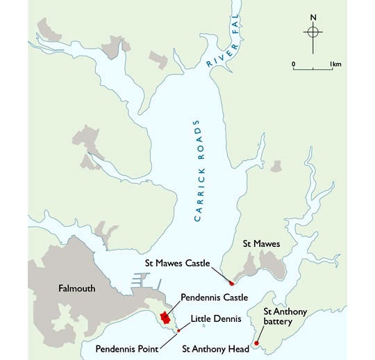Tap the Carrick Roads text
(200, 173)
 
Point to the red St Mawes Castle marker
(231, 283)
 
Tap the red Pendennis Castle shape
(165, 317)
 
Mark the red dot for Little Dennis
(179, 330)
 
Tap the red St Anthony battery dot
(256, 343)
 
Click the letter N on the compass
(313, 17)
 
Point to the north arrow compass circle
(313, 32)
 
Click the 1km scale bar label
(336, 64)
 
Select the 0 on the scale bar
(293, 64)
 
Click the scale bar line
(313, 69)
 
